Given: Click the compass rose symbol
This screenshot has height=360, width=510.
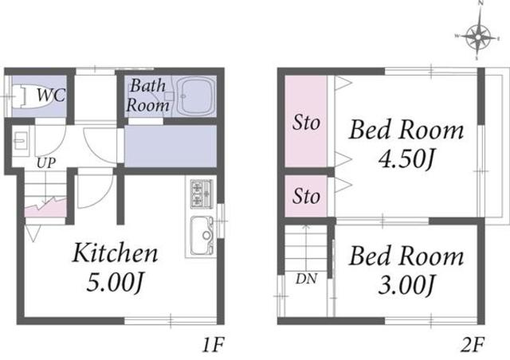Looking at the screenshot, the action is [x=478, y=37].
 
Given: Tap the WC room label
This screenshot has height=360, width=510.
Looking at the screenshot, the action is [x=51, y=96].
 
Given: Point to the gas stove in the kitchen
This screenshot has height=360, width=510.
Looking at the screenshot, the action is [x=199, y=194].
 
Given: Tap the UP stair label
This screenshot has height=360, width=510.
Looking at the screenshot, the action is [x=46, y=163].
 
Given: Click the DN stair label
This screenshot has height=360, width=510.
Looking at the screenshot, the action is [x=306, y=279].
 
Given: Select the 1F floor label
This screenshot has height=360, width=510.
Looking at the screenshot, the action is [x=214, y=345].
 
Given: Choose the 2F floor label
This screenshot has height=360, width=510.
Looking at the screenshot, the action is [x=473, y=345].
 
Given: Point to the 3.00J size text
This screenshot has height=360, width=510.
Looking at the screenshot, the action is [x=406, y=285].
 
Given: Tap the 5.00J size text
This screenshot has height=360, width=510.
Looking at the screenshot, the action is [x=115, y=282].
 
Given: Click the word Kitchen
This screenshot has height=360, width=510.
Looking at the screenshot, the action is [x=115, y=252].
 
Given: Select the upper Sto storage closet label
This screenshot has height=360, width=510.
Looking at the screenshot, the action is [x=306, y=123].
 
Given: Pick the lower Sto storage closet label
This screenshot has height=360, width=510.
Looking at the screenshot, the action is [x=306, y=196].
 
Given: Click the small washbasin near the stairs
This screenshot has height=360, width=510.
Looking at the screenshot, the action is [x=21, y=141].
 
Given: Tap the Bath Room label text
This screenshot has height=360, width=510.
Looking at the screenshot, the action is [x=148, y=96].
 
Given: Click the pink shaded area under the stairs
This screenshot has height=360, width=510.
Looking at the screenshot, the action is [x=45, y=208].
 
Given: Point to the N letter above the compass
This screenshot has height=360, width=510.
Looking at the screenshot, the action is [x=481, y=3].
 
